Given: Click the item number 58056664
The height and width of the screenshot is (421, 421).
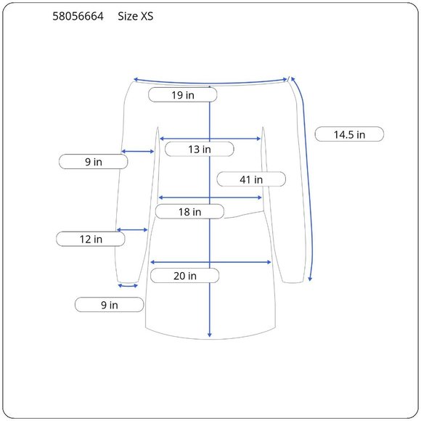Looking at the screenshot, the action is click(78, 17).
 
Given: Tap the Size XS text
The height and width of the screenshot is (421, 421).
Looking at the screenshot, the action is click(136, 17).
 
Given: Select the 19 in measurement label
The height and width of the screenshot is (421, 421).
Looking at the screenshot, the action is click(183, 95).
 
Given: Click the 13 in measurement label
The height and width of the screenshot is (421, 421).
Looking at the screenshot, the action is click(199, 149).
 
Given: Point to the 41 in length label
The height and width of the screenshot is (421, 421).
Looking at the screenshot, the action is click(251, 179).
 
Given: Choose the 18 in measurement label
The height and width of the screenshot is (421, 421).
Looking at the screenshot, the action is click(189, 211).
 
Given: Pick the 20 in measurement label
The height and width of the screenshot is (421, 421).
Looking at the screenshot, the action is click(184, 276).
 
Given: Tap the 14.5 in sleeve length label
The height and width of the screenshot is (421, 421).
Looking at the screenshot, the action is click(349, 134).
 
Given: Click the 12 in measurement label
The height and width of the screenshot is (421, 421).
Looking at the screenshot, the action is click(91, 239).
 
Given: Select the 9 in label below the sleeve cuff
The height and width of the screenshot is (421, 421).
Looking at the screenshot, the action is click(110, 305).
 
